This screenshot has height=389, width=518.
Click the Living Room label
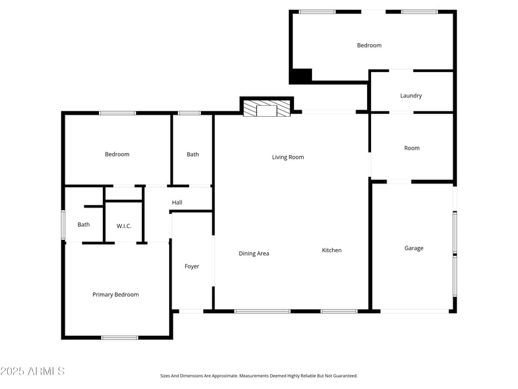point(287,158)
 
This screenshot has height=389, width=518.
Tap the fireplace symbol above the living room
point(266,110)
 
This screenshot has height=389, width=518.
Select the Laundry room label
point(411,96)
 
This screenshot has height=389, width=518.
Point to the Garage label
point(414,248)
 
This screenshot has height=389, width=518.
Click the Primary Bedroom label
point(115,295)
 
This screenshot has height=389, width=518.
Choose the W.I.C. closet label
point(124,226)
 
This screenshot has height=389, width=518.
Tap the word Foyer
point(192,266)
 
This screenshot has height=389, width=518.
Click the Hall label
point(177,203)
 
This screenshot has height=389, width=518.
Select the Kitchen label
point(332,250)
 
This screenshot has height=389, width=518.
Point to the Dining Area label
point(254,253)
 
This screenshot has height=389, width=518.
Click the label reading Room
point(412,148)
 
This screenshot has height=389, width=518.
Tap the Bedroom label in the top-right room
point(369,45)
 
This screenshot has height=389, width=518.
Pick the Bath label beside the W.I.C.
point(84,225)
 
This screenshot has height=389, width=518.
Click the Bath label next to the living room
point(193,154)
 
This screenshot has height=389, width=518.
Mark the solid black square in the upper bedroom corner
point(300,75)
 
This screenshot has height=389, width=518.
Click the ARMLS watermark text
point(32,371)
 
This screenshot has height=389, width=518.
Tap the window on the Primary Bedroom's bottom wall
point(120,337)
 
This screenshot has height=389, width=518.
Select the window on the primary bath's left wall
point(63,224)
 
